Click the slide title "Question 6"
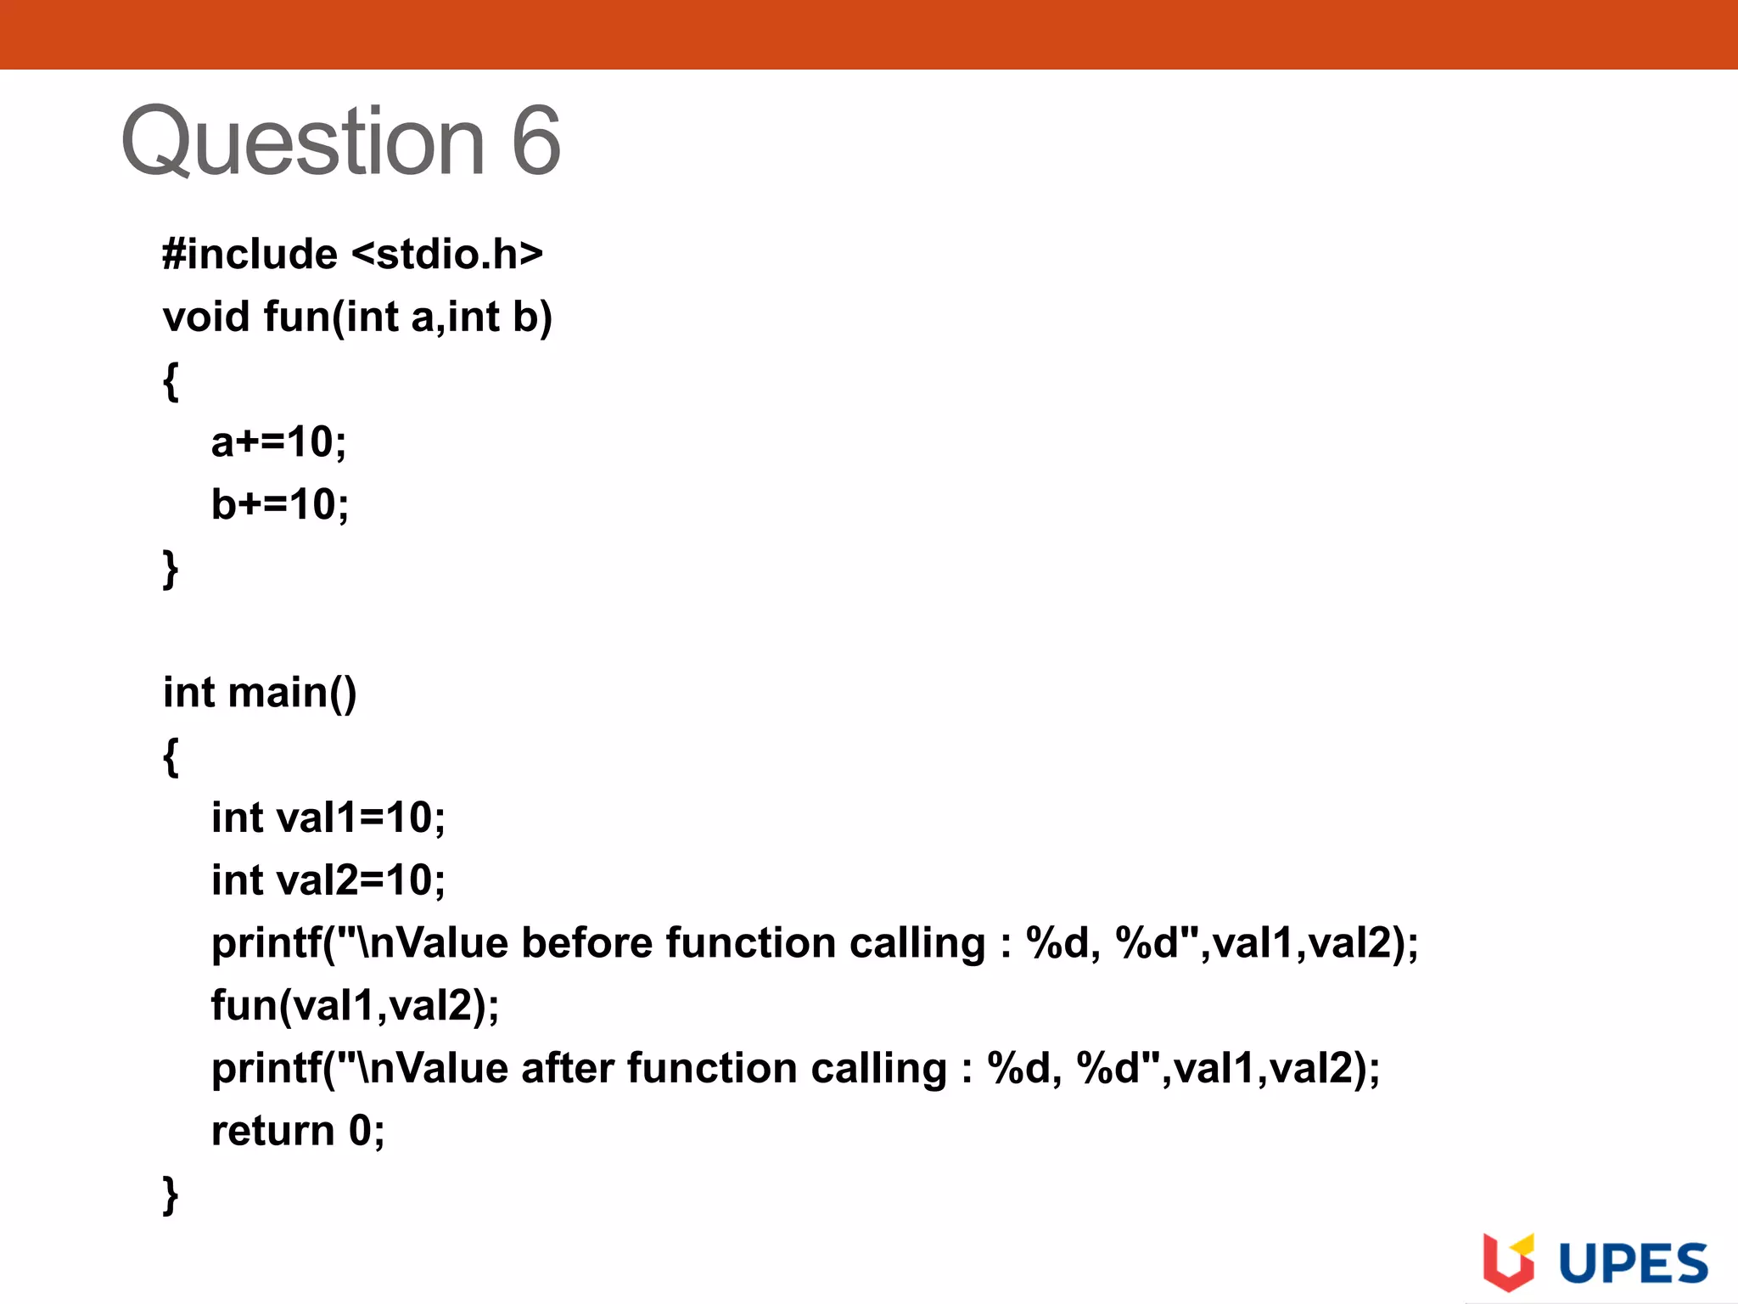tap(340, 142)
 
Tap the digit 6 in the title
tap(535, 142)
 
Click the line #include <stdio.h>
tap(352, 254)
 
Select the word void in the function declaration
tap(206, 317)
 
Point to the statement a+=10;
tap(278, 442)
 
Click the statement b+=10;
tap(279, 505)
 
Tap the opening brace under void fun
tap(171, 380)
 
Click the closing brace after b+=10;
tap(171, 568)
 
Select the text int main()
tap(260, 693)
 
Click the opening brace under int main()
tap(171, 756)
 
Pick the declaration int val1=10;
tap(328, 818)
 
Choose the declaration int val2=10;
tap(328, 880)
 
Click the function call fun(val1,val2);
tap(355, 1006)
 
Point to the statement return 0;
tap(297, 1131)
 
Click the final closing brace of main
tap(171, 1194)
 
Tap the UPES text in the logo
tap(1633, 1264)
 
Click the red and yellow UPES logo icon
tap(1508, 1262)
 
